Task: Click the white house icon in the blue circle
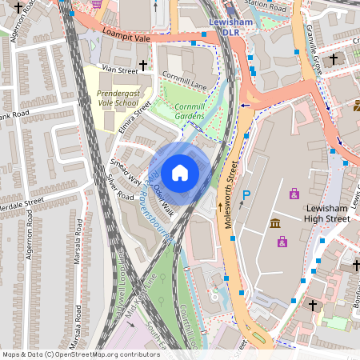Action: [x=180, y=172]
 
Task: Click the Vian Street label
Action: [x=114, y=70]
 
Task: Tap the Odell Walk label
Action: [x=163, y=200]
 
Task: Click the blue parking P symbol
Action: [x=246, y=195]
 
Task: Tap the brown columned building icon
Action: [x=275, y=223]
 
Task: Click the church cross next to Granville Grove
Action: [x=334, y=58]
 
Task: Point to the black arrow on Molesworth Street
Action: [x=221, y=207]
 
